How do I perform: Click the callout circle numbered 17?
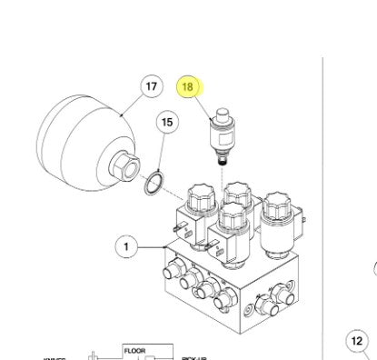(152, 86)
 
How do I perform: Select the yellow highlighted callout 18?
(190, 87)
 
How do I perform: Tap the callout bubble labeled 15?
(166, 121)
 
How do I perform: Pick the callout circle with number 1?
(127, 245)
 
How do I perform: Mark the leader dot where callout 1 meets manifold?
(164, 245)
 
